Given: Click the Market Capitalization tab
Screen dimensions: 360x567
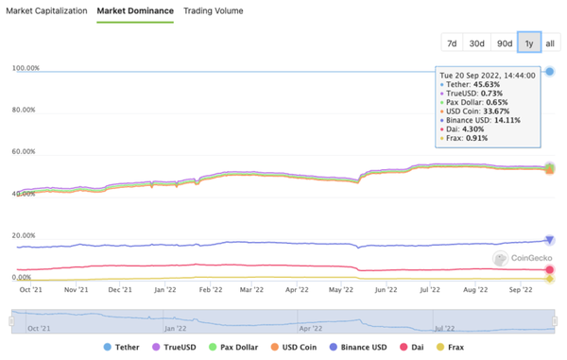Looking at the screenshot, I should click(47, 10).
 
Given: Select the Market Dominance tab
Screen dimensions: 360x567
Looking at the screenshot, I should click(135, 10).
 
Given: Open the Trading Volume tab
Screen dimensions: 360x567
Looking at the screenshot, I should click(214, 10).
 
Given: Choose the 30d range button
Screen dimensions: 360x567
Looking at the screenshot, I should click(477, 43).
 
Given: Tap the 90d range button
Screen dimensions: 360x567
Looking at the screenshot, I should click(505, 43).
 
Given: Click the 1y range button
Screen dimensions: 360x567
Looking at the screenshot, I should click(528, 43).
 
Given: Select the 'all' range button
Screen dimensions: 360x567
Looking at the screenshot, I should click(550, 43).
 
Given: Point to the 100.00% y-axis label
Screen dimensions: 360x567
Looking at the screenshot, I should click(25, 68).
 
